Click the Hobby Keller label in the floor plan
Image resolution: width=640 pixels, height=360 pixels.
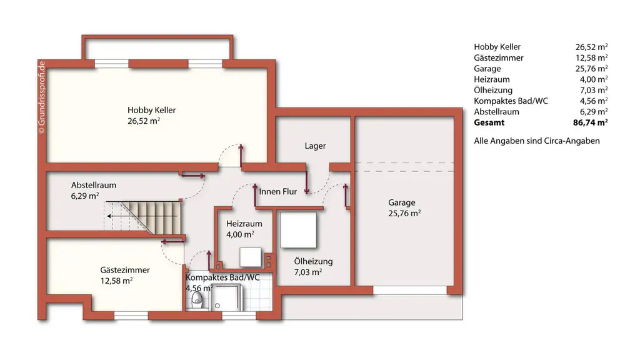[152, 110]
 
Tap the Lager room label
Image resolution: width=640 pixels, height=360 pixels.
[315, 146]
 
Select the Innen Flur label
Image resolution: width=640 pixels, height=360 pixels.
[278, 192]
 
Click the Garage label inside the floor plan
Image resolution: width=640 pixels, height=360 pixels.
[401, 202]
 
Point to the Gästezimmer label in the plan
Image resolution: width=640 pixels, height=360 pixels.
[125, 270]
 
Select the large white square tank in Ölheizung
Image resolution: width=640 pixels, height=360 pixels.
[299, 230]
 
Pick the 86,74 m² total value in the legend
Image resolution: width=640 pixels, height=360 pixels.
[591, 122]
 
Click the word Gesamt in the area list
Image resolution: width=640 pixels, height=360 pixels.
[489, 122]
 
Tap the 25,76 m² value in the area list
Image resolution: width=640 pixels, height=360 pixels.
[591, 69]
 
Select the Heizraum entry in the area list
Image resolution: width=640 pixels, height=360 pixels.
[492, 79]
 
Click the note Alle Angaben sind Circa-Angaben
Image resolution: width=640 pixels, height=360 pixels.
[537, 141]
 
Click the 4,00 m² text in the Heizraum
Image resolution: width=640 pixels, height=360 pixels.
[240, 234]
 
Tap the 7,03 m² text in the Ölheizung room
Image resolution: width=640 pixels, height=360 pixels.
[307, 272]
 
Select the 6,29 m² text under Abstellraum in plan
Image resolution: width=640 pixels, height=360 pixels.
[85, 196]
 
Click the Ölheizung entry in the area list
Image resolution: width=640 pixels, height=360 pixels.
[493, 90]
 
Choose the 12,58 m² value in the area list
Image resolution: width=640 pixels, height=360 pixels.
[591, 58]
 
